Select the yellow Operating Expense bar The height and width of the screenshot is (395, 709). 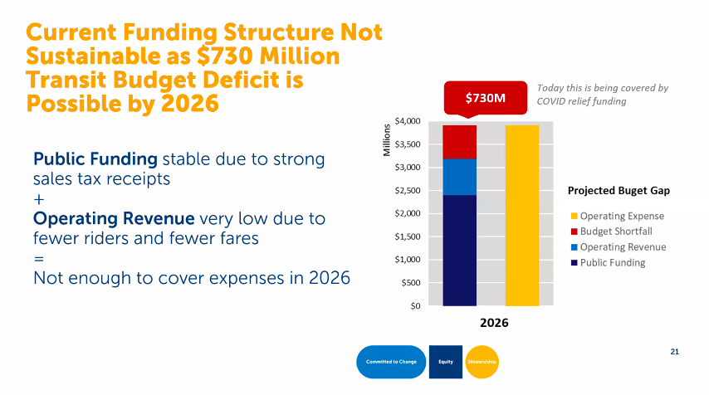pos(522,216)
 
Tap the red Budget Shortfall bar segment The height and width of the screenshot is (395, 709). pos(460,142)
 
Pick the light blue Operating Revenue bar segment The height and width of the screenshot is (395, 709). pos(460,177)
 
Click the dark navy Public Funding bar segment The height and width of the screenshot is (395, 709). pos(460,250)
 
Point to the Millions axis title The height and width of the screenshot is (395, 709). pos(387,140)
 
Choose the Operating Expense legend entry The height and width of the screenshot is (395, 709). pos(616,216)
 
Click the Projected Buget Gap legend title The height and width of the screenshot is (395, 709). pos(619,190)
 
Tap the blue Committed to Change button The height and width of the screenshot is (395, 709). pos(391,362)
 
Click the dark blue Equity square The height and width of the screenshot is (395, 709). pos(446,362)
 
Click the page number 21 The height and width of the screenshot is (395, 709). pos(675,352)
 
